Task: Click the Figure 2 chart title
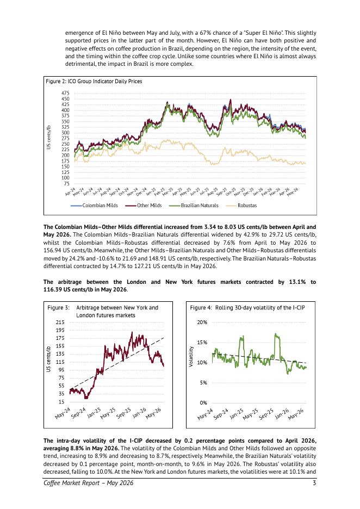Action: click(94, 81)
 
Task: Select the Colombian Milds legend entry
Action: click(94, 206)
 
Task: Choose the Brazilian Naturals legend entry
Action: click(195, 206)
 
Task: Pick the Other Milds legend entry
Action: click(143, 206)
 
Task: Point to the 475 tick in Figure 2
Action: click(65, 93)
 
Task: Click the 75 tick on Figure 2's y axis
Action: click(66, 183)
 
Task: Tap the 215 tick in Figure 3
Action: click(60, 322)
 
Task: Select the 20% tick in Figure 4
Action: click(202, 322)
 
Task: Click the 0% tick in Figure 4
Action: click(203, 403)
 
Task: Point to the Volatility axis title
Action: click(191, 356)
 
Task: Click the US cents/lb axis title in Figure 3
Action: click(48, 358)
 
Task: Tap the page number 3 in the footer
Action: click(314, 483)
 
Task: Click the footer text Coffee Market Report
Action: click(71, 483)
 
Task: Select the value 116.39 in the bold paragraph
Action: click(53, 289)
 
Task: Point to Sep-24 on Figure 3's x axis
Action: click(78, 413)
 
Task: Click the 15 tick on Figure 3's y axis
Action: click(61, 402)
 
